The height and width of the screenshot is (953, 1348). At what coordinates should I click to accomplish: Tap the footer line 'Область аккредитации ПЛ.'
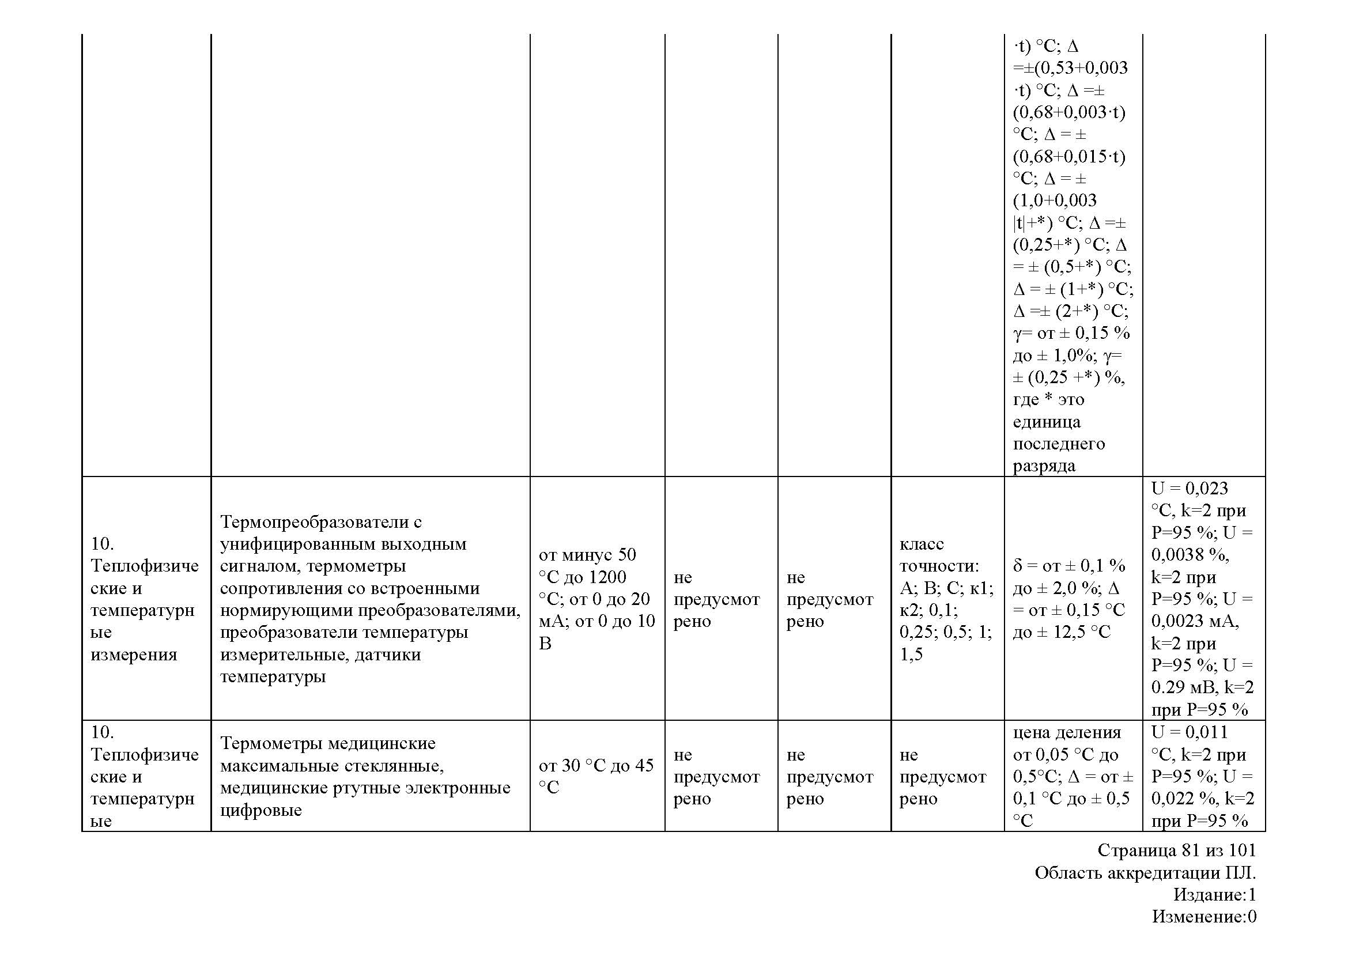tap(1145, 872)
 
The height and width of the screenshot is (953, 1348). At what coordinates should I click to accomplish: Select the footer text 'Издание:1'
tap(1214, 895)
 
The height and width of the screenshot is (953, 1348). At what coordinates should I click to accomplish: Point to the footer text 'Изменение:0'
tap(1203, 917)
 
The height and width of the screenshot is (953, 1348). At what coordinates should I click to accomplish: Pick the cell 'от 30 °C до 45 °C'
tap(596, 776)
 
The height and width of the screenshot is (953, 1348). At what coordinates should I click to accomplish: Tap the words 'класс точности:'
tap(939, 554)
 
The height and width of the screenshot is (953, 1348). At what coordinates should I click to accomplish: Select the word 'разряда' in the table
tap(1044, 466)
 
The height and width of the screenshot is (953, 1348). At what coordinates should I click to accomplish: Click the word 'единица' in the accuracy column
tap(1046, 422)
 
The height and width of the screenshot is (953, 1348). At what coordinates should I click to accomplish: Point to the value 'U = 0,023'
tap(1189, 488)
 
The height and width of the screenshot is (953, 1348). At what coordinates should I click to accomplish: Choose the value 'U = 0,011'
tap(1189, 732)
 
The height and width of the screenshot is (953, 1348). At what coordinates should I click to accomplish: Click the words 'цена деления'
tap(1067, 732)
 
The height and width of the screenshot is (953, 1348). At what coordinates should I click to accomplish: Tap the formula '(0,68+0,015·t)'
tap(1068, 157)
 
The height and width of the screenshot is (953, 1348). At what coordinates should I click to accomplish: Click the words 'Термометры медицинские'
tap(327, 743)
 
